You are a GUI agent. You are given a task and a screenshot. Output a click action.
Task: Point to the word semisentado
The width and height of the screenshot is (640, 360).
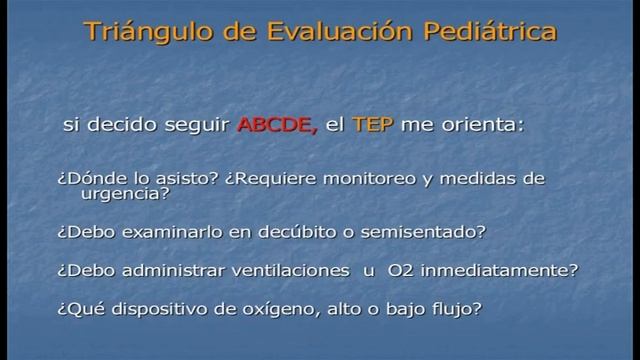tap(433, 232)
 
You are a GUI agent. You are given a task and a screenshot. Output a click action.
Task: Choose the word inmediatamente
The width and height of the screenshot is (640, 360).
tap(506, 271)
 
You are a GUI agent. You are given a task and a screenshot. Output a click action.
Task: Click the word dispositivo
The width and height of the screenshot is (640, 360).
tap(147, 309)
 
